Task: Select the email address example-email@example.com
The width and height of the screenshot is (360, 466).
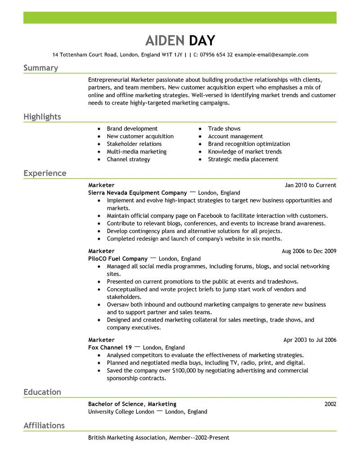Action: pyautogui.click(x=271, y=55)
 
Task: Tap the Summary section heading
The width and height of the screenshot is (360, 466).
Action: pyautogui.click(x=40, y=68)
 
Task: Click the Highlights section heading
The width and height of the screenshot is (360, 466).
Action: pyautogui.click(x=42, y=117)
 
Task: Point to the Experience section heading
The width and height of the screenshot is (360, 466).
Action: pyautogui.click(x=45, y=173)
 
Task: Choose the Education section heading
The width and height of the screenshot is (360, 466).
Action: pyautogui.click(x=42, y=392)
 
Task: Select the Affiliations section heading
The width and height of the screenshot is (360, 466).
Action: pyautogui.click(x=44, y=425)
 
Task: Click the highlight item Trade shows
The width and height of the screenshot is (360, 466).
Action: pyautogui.click(x=224, y=129)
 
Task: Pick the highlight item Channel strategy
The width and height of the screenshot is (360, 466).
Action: pyautogui.click(x=128, y=159)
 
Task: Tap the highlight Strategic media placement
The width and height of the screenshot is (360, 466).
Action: pyautogui.click(x=243, y=159)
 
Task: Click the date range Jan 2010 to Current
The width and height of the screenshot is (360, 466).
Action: pyautogui.click(x=310, y=185)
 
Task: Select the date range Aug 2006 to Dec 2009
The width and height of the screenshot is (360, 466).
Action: pyautogui.click(x=309, y=251)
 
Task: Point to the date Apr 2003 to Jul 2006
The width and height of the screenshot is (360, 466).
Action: pyautogui.click(x=310, y=340)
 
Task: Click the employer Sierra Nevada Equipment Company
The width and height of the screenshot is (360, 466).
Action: pyautogui.click(x=138, y=193)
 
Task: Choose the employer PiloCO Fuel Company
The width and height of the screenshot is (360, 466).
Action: pyautogui.click(x=118, y=259)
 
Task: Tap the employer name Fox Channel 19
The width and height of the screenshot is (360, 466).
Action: pyautogui.click(x=110, y=348)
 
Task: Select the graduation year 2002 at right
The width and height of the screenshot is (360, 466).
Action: pyautogui.click(x=330, y=404)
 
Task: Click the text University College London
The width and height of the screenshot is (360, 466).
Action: pyautogui.click(x=121, y=412)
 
